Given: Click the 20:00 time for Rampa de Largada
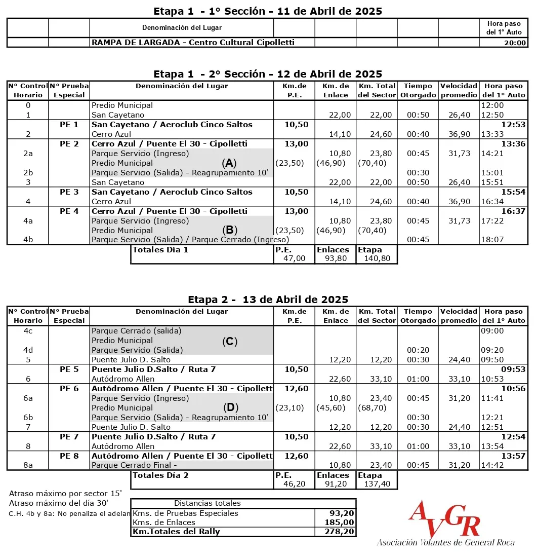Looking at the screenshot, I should tap(514, 43).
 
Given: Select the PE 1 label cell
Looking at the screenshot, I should tap(69, 125).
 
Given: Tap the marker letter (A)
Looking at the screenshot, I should tap(229, 163).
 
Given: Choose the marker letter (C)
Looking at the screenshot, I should tap(229, 341).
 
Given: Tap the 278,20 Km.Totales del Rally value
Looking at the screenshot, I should tap(341, 532).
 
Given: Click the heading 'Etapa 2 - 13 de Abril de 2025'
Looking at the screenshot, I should tap(268, 300).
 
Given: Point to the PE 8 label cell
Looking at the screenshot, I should tap(69, 456).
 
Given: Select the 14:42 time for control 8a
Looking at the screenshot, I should tap(491, 465).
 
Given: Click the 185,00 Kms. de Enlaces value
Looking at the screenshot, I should tap(341, 522).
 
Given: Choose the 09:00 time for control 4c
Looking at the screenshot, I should tap(491, 331).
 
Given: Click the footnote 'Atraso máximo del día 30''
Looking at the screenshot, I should tap(58, 503).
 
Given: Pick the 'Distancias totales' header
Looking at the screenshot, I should tap(208, 503).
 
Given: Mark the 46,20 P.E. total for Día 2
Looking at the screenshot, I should tap(294, 484).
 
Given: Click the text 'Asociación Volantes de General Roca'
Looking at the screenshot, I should tap(445, 543).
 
